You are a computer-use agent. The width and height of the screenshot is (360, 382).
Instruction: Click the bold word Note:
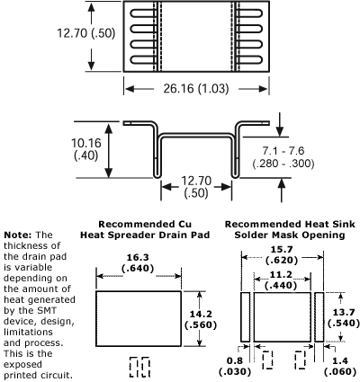click(x=21, y=234)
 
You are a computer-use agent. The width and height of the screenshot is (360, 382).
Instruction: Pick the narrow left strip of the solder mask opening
click(x=245, y=315)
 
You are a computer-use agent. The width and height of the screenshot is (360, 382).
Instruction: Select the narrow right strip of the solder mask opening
click(x=319, y=315)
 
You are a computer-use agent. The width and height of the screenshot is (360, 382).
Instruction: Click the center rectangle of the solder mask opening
click(x=282, y=315)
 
